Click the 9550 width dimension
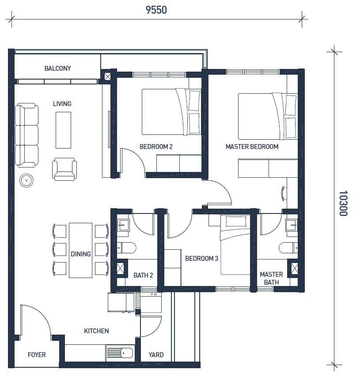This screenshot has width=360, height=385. (156, 10)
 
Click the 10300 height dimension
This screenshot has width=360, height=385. (343, 203)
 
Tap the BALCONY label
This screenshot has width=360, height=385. (58, 68)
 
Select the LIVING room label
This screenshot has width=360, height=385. (62, 103)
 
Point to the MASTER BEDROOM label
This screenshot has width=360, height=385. (252, 147)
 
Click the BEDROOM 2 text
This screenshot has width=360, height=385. (156, 147)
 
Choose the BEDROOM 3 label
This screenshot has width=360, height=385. (201, 258)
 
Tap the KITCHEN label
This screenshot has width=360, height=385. (96, 331)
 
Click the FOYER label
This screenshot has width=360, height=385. (37, 355)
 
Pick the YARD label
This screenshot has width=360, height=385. (156, 355)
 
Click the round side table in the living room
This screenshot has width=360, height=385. (26, 180)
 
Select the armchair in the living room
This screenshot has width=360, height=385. (64, 169)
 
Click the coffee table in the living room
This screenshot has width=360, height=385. (63, 130)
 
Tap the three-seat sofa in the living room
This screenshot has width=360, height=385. (27, 135)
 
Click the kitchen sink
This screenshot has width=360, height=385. (120, 353)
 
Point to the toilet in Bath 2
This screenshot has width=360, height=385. (126, 248)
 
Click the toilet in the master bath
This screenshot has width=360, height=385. (288, 248)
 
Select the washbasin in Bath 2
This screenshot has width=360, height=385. (123, 225)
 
